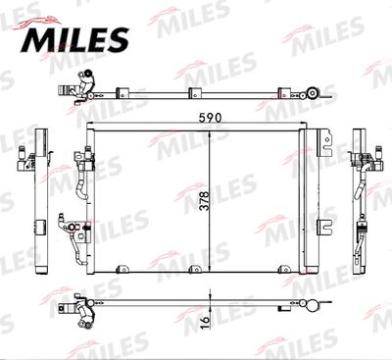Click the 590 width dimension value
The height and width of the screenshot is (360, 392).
[210, 118]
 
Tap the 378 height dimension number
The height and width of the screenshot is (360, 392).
[205, 201]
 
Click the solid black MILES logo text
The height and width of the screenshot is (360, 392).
[75, 39]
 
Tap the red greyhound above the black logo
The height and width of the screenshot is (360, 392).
[38, 23]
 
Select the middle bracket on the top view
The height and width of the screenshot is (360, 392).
[195, 92]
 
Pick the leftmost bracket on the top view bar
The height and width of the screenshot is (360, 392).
[122, 92]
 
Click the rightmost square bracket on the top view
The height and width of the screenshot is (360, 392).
[284, 92]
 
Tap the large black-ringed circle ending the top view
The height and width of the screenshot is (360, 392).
[313, 92]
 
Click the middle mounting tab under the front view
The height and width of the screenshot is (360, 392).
[195, 269]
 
